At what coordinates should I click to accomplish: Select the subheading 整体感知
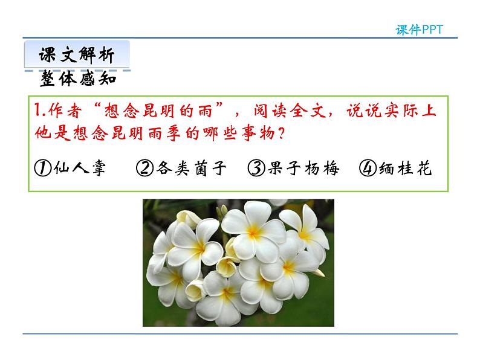click(x=78, y=79)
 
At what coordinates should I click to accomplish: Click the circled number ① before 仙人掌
click(x=42, y=169)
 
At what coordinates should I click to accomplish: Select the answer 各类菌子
click(x=190, y=169)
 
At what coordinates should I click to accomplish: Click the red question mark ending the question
click(x=281, y=133)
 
